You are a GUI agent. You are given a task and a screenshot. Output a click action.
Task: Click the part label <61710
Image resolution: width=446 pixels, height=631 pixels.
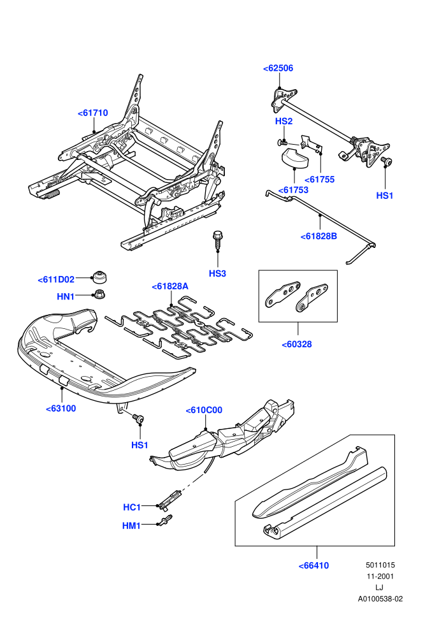coord(93,113)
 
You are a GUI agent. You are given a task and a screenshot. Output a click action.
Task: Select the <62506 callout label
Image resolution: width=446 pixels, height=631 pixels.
coord(278,68)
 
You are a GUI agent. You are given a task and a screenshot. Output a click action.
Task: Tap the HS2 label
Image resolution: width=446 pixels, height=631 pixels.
coord(284,121)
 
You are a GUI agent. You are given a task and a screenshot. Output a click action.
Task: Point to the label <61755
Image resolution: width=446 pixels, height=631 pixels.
coord(320,180)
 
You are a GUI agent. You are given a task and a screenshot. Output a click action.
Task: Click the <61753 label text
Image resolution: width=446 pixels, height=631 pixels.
coord(294,190)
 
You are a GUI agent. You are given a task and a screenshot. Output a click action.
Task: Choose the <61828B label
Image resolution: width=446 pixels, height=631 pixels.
coord(319,236)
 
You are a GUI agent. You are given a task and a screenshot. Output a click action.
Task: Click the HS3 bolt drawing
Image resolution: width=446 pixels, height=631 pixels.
coord(217,240)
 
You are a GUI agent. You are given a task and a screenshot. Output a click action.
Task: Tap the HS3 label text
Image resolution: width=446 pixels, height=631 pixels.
coord(217,273)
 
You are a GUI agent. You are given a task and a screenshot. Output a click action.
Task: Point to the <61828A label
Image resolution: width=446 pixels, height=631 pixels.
coord(170,287)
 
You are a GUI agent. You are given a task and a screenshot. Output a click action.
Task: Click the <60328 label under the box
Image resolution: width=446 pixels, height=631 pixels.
coord(297,344)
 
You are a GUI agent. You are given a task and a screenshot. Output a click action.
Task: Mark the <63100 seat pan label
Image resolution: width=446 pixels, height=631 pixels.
coord(61,409)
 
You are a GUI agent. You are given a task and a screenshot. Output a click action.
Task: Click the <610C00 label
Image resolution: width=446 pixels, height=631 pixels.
coord(204,410)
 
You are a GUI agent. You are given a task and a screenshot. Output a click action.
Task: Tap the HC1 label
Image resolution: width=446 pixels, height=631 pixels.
coord(132,507)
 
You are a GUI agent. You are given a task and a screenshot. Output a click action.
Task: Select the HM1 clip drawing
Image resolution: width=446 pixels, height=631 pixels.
coord(166,521)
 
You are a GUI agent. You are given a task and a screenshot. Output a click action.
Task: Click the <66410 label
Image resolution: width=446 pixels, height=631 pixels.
coord(313,566)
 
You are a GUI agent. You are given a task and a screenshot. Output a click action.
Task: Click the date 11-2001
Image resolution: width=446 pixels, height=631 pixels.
coord(380,576)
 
